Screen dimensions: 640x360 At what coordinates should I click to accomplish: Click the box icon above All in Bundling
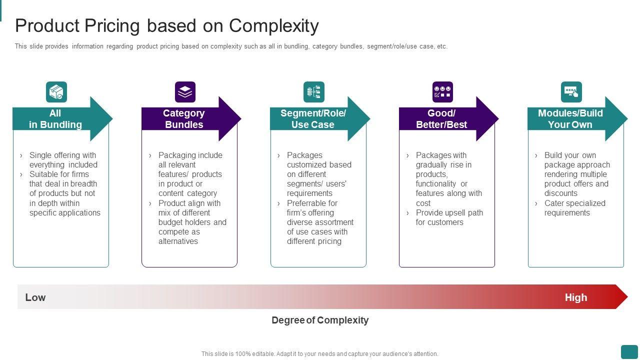tap(56, 92)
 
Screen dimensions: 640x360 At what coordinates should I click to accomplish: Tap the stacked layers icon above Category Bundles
tap(185, 92)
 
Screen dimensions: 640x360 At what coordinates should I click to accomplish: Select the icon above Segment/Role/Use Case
tap(314, 92)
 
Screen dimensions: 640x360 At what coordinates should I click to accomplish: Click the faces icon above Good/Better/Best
tap(442, 92)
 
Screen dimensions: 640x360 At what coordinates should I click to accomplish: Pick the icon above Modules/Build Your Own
tap(571, 92)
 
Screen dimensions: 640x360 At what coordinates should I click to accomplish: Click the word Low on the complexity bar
tap(35, 297)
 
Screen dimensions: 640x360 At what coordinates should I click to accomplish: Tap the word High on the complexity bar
tap(576, 297)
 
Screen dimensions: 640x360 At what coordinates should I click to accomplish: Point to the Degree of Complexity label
tap(320, 320)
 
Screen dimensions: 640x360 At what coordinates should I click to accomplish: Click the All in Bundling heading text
tap(55, 119)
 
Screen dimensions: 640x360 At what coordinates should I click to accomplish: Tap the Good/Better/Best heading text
tap(441, 119)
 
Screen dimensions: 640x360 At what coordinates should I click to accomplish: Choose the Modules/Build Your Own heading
tap(570, 119)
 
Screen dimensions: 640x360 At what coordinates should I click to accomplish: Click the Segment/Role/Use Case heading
tap(313, 119)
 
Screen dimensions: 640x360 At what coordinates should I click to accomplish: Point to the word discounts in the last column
tap(561, 193)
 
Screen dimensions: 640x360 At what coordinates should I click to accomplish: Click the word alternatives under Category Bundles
tap(178, 241)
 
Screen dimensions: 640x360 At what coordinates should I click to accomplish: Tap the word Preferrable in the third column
tap(312, 203)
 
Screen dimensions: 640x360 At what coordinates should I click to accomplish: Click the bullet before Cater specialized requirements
tap(536, 203)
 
